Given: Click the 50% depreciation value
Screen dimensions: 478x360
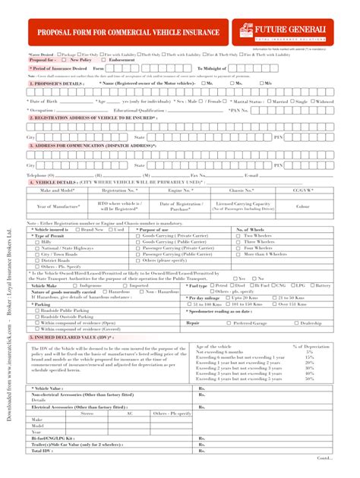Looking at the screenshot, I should coord(309,377).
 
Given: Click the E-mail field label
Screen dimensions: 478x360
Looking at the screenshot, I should coord(251,175).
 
